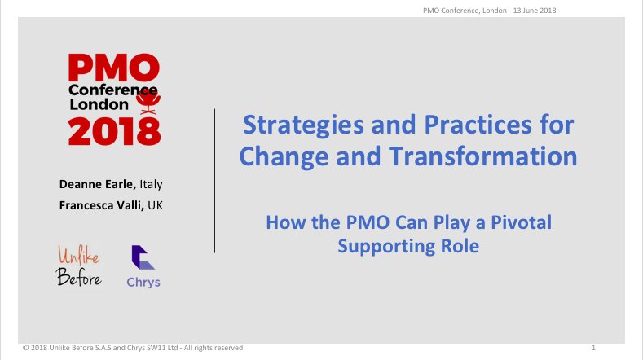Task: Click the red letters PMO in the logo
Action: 113,68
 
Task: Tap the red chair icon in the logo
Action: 148,103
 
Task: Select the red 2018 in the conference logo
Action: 114,131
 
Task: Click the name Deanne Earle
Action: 98,184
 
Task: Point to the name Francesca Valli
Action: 101,205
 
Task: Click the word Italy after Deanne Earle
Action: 151,185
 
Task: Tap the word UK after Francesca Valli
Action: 155,205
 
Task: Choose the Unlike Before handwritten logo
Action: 79,266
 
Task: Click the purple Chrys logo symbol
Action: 143,257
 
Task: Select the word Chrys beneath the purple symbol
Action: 143,282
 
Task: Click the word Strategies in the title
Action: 303,125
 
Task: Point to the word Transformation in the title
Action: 483,156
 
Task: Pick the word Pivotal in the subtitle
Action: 522,222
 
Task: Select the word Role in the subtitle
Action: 460,246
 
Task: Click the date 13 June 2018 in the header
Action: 535,11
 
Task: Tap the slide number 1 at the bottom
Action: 593,348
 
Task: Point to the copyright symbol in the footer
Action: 25,348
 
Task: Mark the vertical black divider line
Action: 214,181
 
